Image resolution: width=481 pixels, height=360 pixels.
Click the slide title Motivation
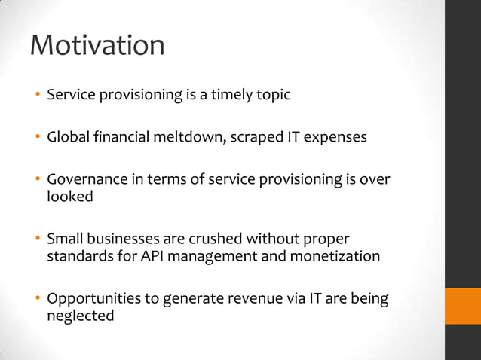(x=97, y=45)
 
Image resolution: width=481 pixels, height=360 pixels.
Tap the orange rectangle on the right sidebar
(x=462, y=306)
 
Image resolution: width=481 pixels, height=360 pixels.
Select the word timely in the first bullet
(x=231, y=96)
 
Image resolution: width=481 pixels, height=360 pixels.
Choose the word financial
(x=126, y=138)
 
